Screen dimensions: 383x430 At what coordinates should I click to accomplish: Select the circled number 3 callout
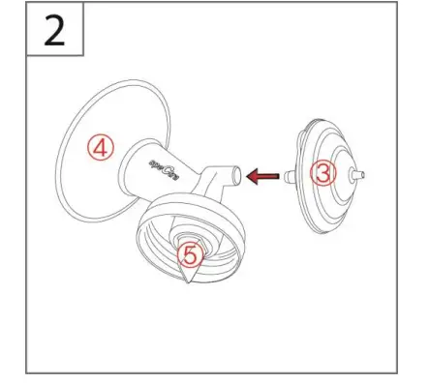click(323, 173)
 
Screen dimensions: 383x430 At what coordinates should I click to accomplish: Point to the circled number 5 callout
click(192, 254)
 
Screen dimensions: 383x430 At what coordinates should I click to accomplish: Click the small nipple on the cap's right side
click(362, 175)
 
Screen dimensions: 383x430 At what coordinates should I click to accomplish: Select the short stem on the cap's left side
click(290, 176)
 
